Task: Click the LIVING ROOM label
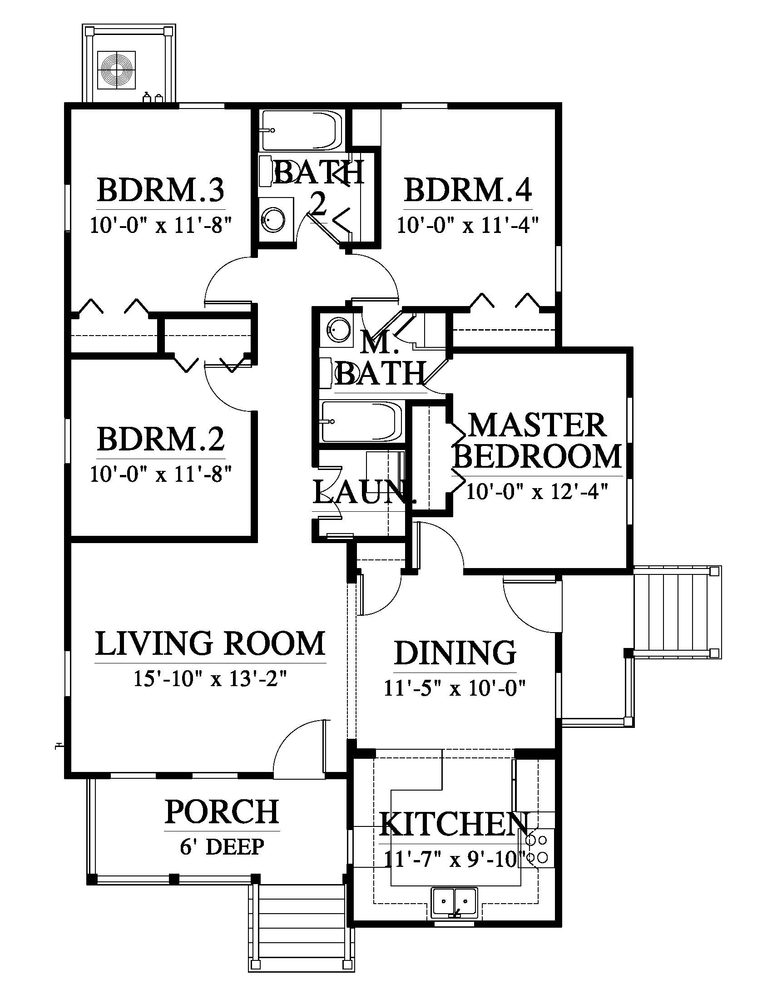pyautogui.click(x=210, y=643)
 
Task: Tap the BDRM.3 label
pyautogui.click(x=161, y=190)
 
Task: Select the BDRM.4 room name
pyautogui.click(x=468, y=190)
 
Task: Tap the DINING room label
pyautogui.click(x=455, y=653)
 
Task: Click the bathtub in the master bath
pyautogui.click(x=361, y=421)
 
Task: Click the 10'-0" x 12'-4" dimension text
pyautogui.click(x=537, y=492)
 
